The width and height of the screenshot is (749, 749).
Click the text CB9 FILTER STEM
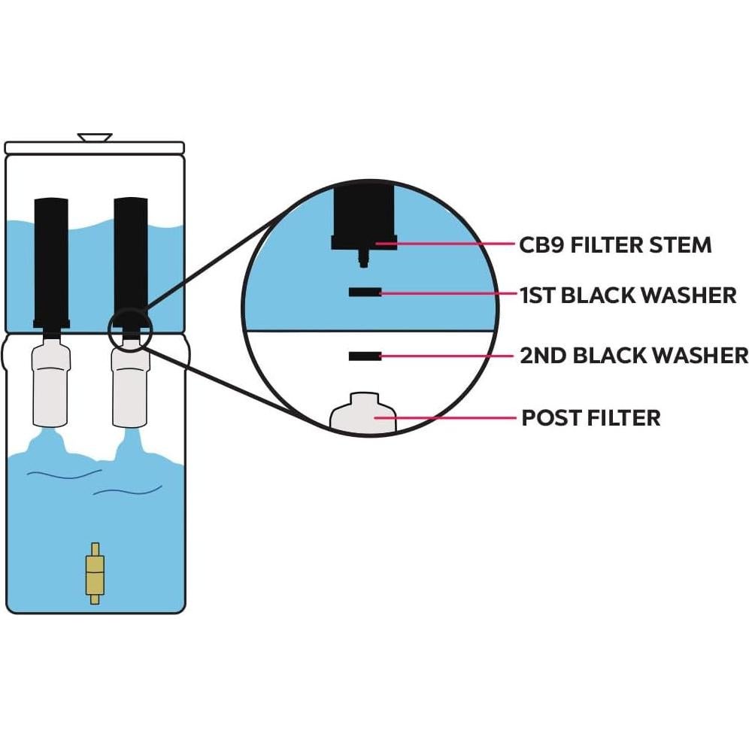point(615,244)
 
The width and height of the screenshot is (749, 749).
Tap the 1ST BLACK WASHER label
point(628,295)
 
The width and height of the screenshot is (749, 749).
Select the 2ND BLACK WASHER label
point(634,355)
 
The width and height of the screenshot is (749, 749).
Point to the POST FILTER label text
point(590,417)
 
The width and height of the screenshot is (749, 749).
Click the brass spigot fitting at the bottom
point(95,573)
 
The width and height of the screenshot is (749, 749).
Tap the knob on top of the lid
point(95,138)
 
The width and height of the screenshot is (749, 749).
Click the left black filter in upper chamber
point(51,259)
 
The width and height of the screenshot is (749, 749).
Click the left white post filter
point(51,384)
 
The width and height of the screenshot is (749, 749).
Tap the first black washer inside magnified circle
point(363,292)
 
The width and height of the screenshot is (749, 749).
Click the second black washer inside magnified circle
point(363,356)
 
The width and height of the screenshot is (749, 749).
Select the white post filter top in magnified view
point(363,414)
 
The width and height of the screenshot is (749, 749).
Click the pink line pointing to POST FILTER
point(451,417)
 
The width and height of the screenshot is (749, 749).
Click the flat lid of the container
point(95,147)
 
